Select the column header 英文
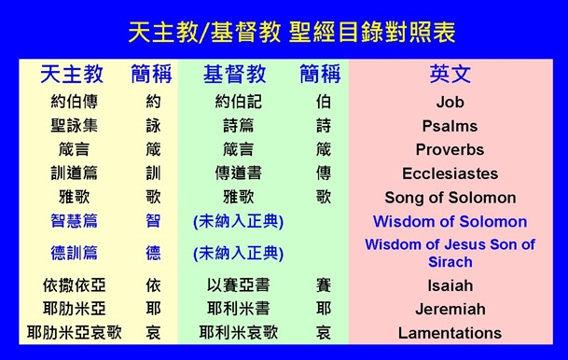(450, 75)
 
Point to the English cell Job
(450, 102)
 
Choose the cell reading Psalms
(450, 126)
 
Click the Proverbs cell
(450, 149)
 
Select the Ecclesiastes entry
(450, 173)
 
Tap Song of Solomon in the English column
(450, 198)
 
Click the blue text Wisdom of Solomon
(450, 222)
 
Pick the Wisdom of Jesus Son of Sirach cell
(450, 254)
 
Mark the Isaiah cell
(450, 285)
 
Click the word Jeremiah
(450, 309)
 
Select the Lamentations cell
(450, 333)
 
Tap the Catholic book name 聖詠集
(74, 126)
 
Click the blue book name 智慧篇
(74, 222)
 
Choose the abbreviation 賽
(324, 285)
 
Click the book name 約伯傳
(74, 102)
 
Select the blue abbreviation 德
(153, 253)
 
